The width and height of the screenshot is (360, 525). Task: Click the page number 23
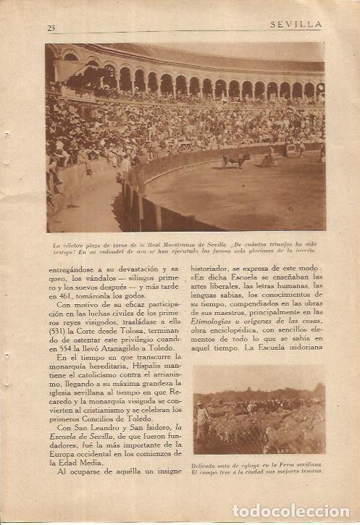[x=51, y=28]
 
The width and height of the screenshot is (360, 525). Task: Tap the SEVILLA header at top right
[x=296, y=24]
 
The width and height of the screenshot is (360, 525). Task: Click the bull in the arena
[x=236, y=158]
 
